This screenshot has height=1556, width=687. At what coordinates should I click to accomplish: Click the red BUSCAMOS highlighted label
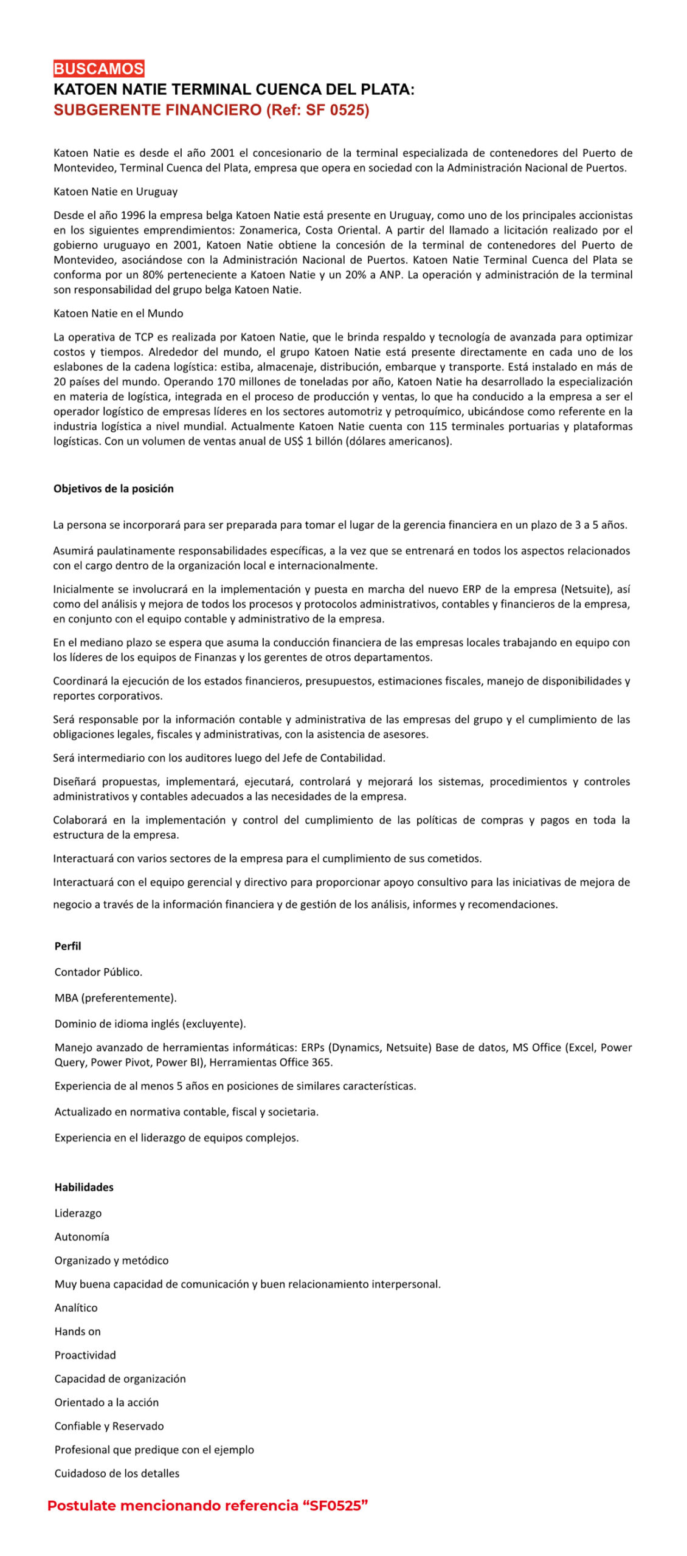click(98, 69)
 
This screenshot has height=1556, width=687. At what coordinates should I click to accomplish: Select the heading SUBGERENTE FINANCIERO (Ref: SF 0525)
click(211, 110)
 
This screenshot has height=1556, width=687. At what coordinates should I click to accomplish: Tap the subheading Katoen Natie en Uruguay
click(116, 191)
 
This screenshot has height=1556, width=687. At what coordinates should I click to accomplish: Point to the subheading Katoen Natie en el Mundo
click(118, 313)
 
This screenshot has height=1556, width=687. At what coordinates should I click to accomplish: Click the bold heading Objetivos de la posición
click(113, 489)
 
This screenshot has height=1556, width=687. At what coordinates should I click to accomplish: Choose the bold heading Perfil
click(67, 946)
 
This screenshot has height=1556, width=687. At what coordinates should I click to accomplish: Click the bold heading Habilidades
click(84, 1187)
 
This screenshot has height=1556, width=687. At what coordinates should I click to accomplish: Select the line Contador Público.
click(98, 972)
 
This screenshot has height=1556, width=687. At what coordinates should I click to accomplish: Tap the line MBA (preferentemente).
click(116, 997)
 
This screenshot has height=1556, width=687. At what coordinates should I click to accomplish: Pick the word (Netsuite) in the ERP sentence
click(587, 589)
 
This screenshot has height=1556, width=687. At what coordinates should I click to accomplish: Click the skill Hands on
click(77, 1331)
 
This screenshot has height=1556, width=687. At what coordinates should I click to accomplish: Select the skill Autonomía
click(81, 1236)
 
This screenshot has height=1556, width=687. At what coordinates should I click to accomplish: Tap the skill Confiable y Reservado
click(109, 1426)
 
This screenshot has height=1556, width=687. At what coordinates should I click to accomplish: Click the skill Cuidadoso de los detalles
click(117, 1473)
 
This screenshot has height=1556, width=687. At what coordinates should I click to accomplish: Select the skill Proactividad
click(85, 1355)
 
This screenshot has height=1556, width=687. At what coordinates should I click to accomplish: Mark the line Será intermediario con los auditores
click(219, 758)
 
